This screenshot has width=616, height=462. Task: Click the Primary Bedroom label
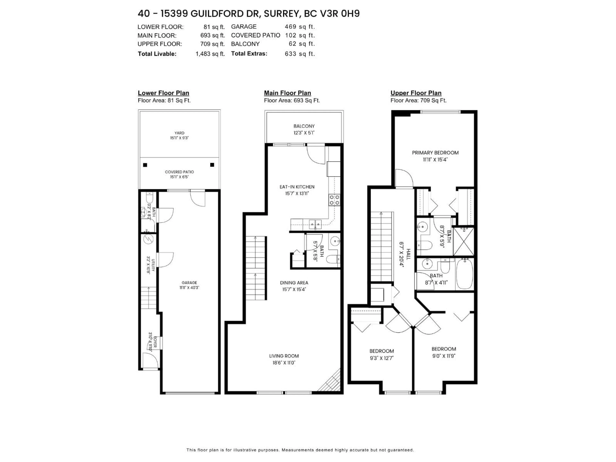[x=435, y=153]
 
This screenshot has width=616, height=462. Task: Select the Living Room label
[x=284, y=356]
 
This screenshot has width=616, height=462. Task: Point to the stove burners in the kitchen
[x=334, y=200]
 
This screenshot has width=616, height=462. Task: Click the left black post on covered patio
[x=145, y=165]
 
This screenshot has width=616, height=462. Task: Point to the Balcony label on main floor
[x=304, y=126]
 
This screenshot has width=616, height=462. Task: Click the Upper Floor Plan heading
[x=416, y=93]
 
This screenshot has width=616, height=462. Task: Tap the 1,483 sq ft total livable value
[x=210, y=54]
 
